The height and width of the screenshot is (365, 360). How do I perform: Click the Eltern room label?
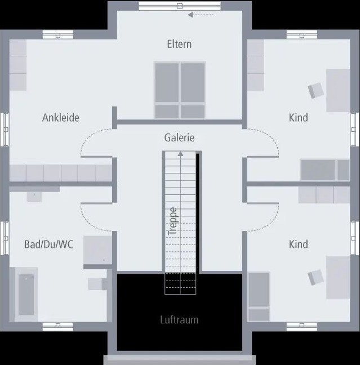coord(179,44)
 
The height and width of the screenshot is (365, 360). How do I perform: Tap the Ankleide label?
coord(60,118)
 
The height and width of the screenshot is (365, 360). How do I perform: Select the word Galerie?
coord(179,137)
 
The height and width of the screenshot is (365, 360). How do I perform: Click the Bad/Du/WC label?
coord(48,244)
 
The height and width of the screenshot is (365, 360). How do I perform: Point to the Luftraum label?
coord(179,320)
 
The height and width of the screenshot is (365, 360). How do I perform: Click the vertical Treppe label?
coord(173,221)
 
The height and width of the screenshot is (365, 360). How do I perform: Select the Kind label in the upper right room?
coord(298,118)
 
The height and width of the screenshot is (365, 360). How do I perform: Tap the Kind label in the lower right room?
coord(298,244)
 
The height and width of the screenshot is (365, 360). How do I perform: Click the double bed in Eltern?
coord(180,90)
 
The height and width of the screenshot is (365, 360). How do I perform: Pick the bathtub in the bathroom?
coord(26,294)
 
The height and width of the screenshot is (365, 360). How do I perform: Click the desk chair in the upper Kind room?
coord(315,90)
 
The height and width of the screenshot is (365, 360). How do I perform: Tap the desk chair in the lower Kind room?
coord(315,276)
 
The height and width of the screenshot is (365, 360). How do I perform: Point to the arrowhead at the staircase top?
coord(180,153)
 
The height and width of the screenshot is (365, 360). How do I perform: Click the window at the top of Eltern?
coord(179,6)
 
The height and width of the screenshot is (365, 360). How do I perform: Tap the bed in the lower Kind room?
coord(259,297)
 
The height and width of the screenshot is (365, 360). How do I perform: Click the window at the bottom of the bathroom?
coord(58,325)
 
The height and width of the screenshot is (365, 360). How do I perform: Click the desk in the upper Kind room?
coord(338,90)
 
